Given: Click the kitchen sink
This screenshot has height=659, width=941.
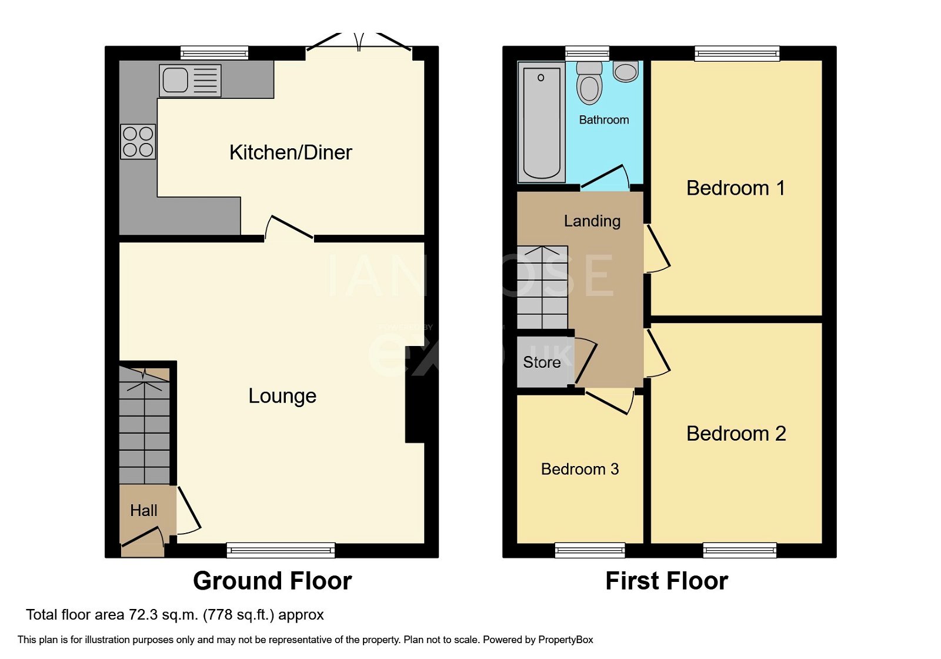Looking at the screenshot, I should pyautogui.click(x=189, y=81).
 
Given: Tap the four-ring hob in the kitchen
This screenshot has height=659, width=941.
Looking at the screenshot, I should pyautogui.click(x=138, y=142).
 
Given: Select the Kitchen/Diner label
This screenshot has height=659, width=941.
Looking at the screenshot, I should pyautogui.click(x=291, y=152).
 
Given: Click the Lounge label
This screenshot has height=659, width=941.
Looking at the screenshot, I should pyautogui.click(x=282, y=395).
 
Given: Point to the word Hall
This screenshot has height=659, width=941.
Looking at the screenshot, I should pyautogui.click(x=144, y=510).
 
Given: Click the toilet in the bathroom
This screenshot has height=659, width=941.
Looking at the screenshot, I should pyautogui.click(x=589, y=84).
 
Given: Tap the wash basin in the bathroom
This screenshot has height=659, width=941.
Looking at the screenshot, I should pyautogui.click(x=626, y=72).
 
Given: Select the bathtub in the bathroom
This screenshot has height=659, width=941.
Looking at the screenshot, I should pyautogui.click(x=541, y=123).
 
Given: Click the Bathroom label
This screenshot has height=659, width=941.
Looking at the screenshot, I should pyautogui.click(x=604, y=120).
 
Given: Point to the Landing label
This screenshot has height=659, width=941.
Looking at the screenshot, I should pyautogui.click(x=592, y=221).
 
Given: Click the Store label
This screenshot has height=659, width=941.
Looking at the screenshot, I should pyautogui.click(x=542, y=362).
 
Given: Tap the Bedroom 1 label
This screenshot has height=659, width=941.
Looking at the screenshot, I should pyautogui.click(x=735, y=188).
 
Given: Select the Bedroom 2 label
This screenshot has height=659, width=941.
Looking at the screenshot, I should pyautogui.click(x=736, y=434).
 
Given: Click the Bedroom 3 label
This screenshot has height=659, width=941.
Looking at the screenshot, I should pyautogui.click(x=580, y=469).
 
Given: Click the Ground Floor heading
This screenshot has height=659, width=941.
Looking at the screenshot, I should pyautogui.click(x=272, y=581).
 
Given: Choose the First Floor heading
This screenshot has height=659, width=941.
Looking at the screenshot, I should pyautogui.click(x=666, y=581).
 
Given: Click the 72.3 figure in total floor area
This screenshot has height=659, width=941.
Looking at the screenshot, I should pyautogui.click(x=143, y=615).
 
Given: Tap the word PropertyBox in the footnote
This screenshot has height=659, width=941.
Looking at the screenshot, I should pyautogui.click(x=565, y=640).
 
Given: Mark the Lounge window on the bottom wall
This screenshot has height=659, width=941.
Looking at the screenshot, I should pyautogui.click(x=281, y=550).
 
